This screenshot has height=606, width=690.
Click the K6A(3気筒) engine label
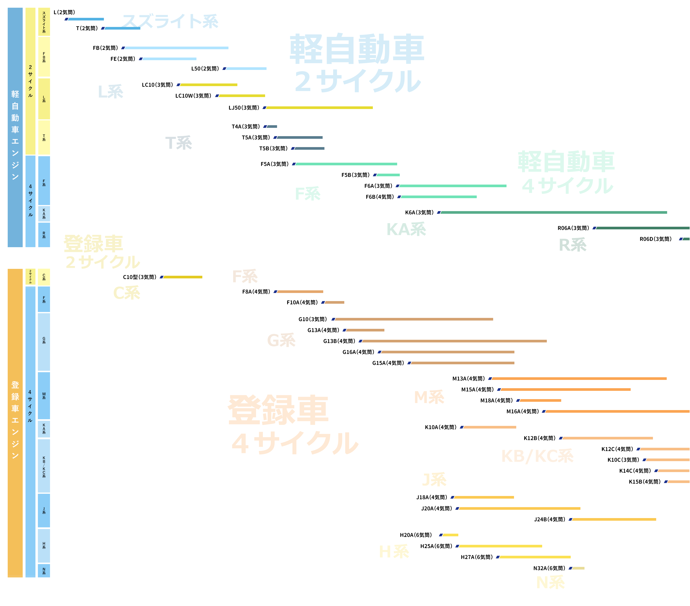419,213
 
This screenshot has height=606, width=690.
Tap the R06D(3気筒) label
655,239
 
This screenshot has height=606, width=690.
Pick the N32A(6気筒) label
549,568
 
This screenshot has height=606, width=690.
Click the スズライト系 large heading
170,21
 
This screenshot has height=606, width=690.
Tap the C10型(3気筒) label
139,277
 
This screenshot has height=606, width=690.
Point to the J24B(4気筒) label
549,519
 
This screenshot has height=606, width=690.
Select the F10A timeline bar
334,302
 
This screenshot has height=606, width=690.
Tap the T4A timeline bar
272,127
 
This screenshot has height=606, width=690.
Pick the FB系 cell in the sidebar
44,57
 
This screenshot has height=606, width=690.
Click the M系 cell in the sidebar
44,395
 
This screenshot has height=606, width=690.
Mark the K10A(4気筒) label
440,427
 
